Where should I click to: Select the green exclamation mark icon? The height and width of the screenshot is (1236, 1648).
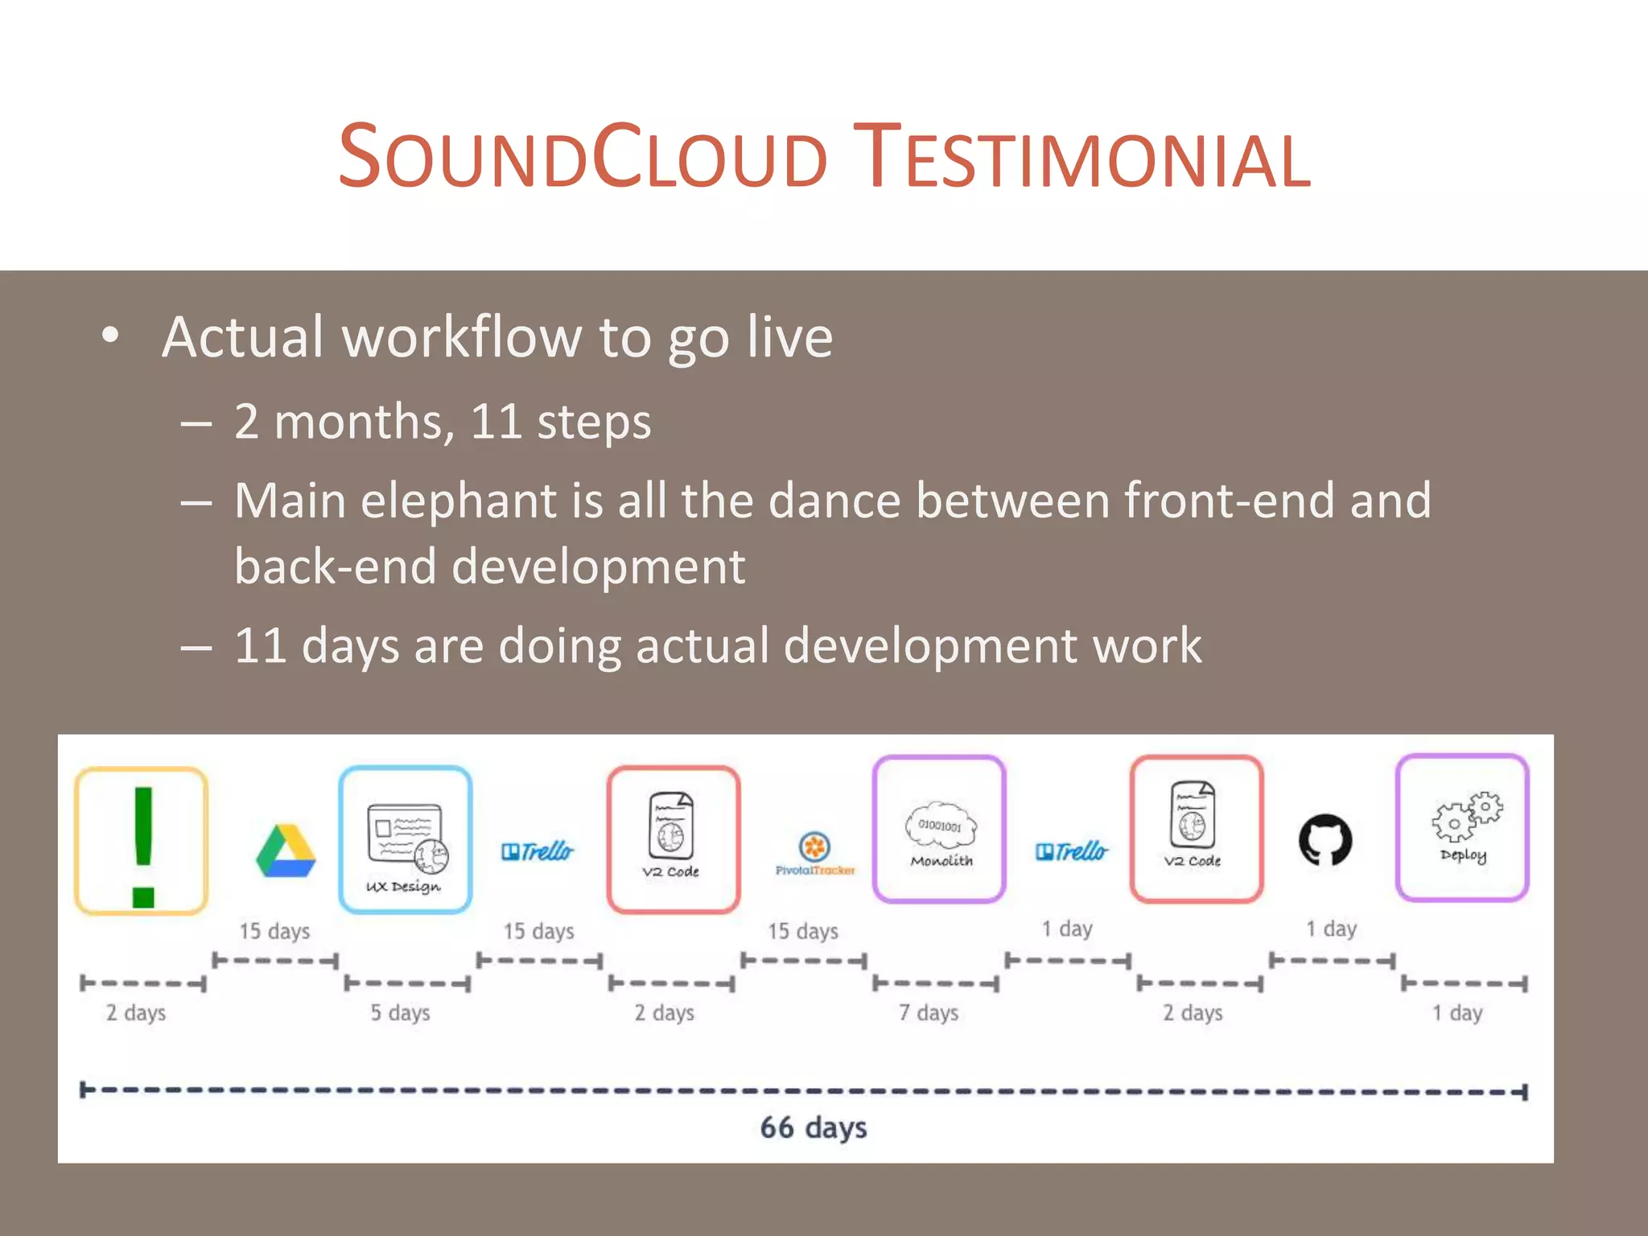pos(142,842)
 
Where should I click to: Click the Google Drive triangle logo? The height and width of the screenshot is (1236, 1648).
pos(286,851)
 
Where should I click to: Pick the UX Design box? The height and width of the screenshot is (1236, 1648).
pos(405,839)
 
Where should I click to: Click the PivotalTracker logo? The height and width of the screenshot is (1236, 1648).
pos(814,853)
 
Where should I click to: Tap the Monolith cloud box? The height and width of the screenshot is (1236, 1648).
pos(940,830)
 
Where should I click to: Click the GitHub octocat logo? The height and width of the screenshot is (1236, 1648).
pos(1325,840)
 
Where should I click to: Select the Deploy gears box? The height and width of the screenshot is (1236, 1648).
pos(1462,828)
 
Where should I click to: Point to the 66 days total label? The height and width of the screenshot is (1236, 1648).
pos(814,1127)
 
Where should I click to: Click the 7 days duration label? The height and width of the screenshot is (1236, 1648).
pos(928,1012)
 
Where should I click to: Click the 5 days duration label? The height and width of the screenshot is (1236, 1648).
pos(400,1012)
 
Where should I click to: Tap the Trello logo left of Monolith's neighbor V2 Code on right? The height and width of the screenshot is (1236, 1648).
pos(1071,851)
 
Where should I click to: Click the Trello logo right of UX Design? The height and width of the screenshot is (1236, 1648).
pos(538,851)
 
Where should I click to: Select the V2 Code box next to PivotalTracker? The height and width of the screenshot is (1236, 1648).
pos(673,839)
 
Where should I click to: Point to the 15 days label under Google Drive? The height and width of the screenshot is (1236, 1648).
pos(274,931)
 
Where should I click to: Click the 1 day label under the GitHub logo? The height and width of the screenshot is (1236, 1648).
pos(1331,929)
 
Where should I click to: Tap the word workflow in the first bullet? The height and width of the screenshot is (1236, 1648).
pos(462,337)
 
